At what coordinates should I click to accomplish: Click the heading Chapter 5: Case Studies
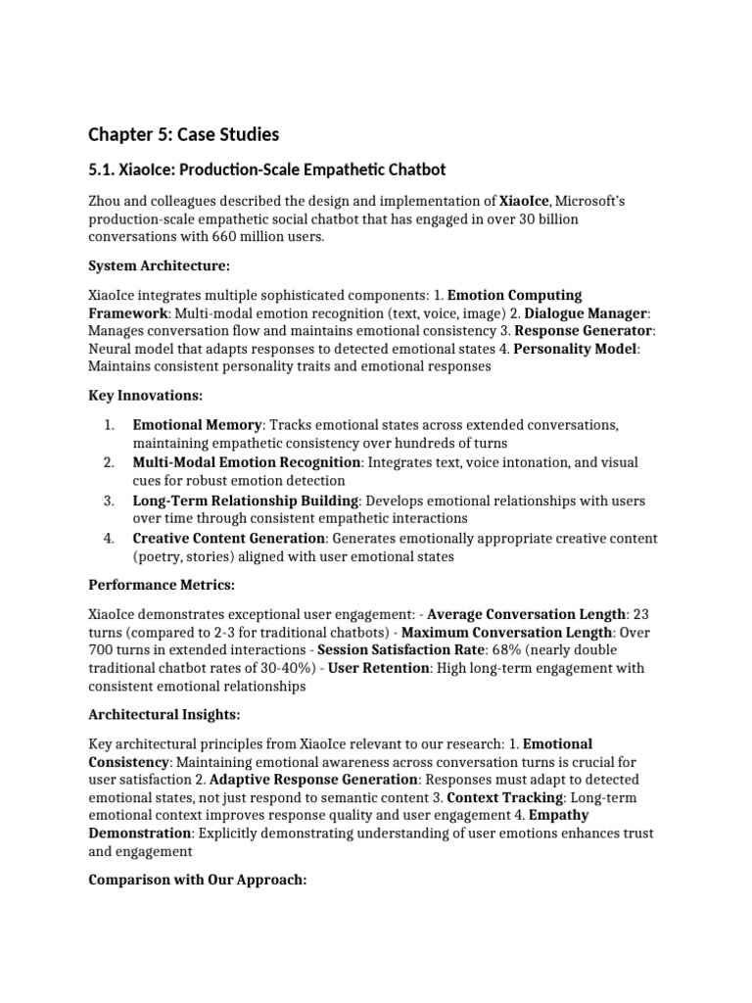[183, 133]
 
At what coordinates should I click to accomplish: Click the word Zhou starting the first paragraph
[106, 201]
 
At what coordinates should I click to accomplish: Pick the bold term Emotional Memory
[197, 425]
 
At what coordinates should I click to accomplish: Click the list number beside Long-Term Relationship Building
[109, 501]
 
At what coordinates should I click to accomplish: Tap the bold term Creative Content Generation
[228, 538]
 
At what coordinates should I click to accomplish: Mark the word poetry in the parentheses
[161, 555]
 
